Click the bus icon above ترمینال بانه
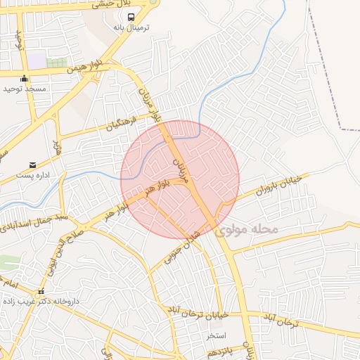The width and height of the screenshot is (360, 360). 131,17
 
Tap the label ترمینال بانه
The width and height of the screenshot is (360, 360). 131,27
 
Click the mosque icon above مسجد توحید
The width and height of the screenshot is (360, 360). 25,79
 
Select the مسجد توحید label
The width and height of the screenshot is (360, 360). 25,89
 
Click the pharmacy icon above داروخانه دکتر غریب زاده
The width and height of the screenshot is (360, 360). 41,292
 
